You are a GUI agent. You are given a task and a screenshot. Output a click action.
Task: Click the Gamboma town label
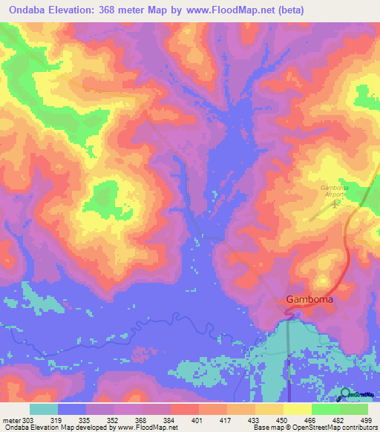coord(309,299)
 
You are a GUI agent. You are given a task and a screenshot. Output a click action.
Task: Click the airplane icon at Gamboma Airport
coord(335,205)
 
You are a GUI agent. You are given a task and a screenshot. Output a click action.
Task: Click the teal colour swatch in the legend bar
coord(44,409)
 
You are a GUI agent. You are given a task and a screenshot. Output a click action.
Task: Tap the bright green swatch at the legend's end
coord(354,409)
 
